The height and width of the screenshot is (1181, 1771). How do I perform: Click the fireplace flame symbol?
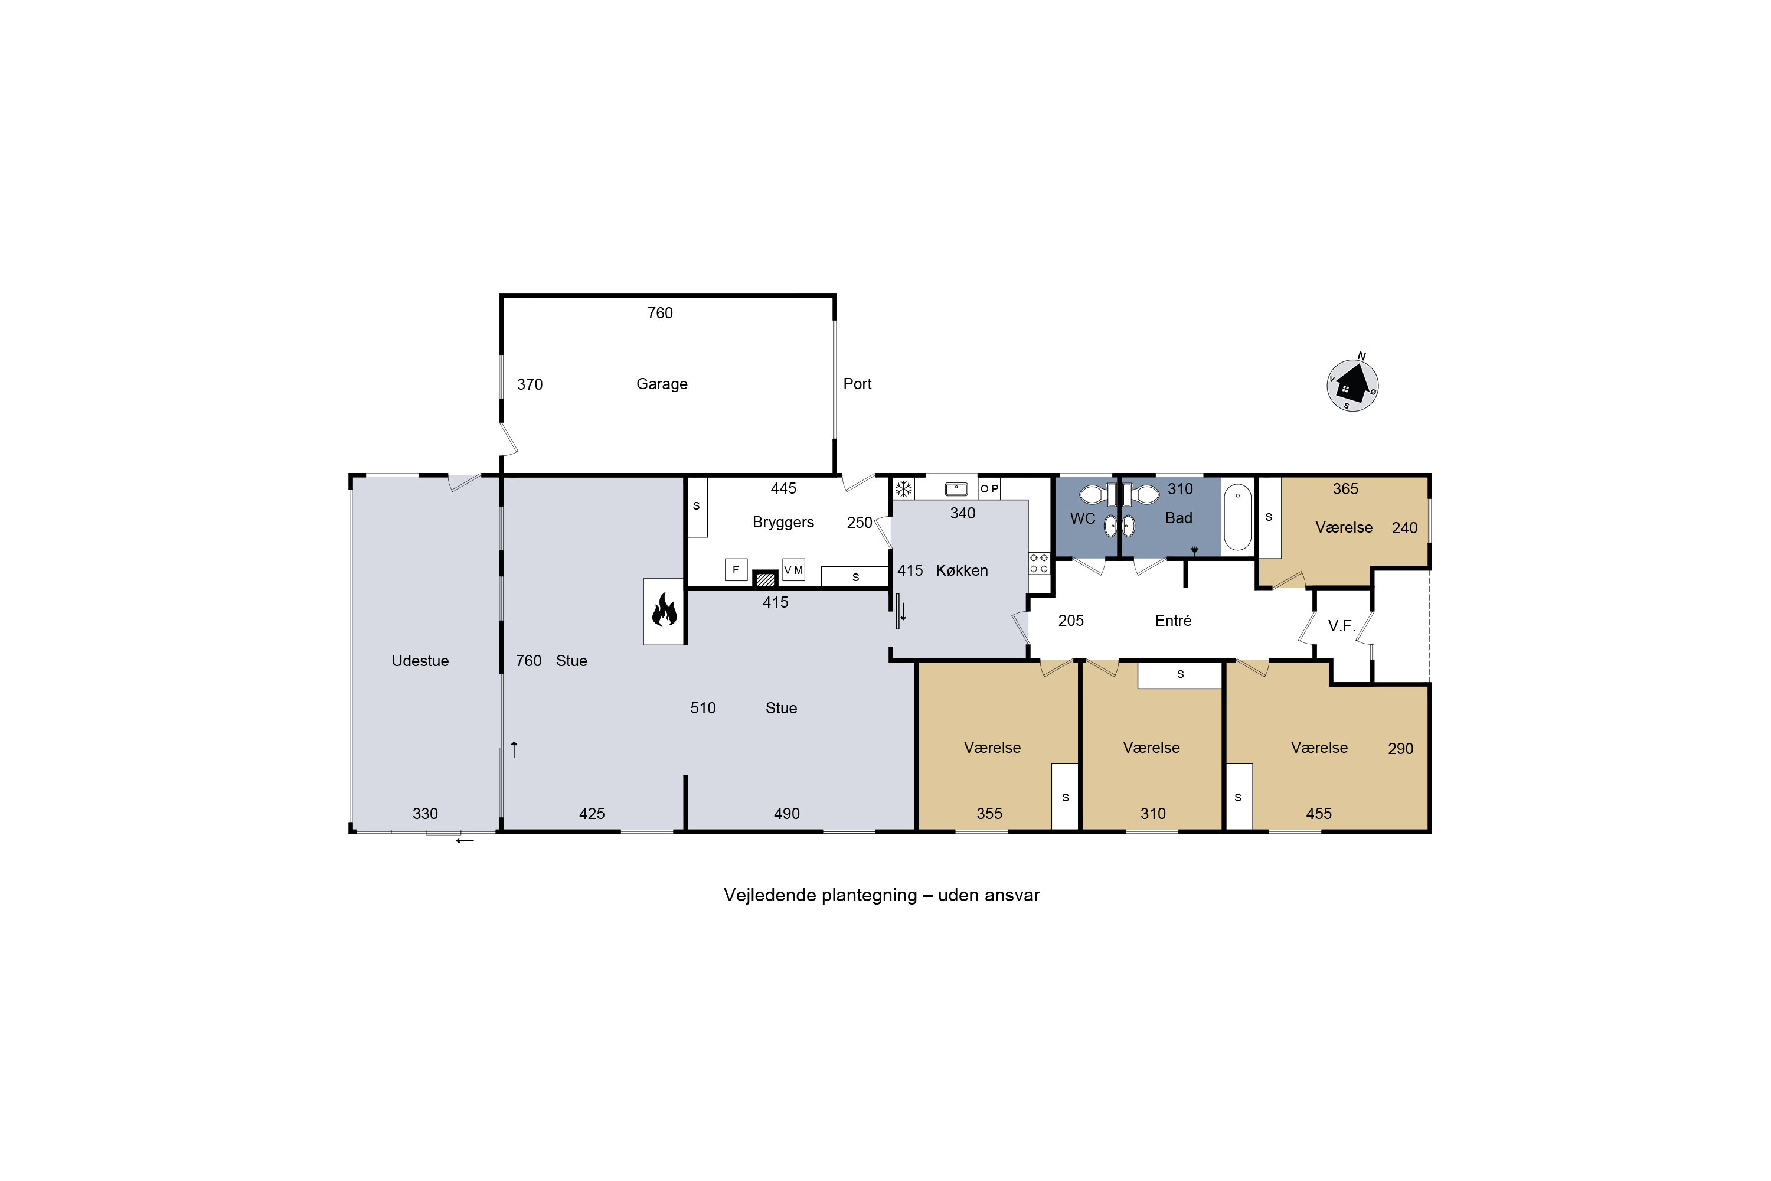664,610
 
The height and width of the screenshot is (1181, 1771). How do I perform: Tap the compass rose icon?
1352,384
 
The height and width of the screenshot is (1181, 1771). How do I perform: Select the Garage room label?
662,384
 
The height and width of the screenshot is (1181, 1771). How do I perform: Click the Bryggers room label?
783,523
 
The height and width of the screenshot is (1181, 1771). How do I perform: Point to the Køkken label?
962,571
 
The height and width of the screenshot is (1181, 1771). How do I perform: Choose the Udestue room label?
420,661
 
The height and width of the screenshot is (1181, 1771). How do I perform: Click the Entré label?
1173,621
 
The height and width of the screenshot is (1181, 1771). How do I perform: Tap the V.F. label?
1342,626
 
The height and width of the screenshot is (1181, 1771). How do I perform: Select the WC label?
1083,519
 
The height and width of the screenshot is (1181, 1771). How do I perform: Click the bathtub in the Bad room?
1238,517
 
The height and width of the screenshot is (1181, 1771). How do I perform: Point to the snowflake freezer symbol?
904,489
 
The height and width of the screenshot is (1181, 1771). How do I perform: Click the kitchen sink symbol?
956,489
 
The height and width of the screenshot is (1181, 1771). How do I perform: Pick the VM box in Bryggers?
793,570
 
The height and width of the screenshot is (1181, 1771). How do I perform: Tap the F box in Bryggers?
736,569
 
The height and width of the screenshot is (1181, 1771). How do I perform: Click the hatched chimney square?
766,579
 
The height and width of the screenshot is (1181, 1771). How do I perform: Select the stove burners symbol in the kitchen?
1039,563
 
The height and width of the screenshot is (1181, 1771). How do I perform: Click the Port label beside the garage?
858,384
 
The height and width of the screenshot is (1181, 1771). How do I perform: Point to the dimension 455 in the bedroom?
1318,814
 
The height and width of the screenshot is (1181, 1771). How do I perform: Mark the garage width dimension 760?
661,314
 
